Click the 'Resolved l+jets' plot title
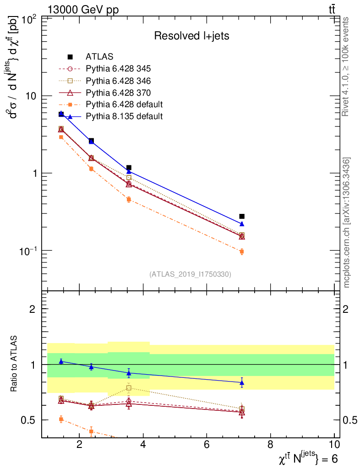pos(191,36)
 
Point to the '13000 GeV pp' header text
pos(83,10)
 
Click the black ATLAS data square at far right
pos(242,216)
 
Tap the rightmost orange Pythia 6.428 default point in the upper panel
pos(242,251)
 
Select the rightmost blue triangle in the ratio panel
pos(242,382)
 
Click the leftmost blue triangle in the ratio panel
pos(61,361)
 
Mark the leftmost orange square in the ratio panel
pos(61,419)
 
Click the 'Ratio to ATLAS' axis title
pos(14,363)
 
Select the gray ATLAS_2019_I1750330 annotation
pos(190,274)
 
